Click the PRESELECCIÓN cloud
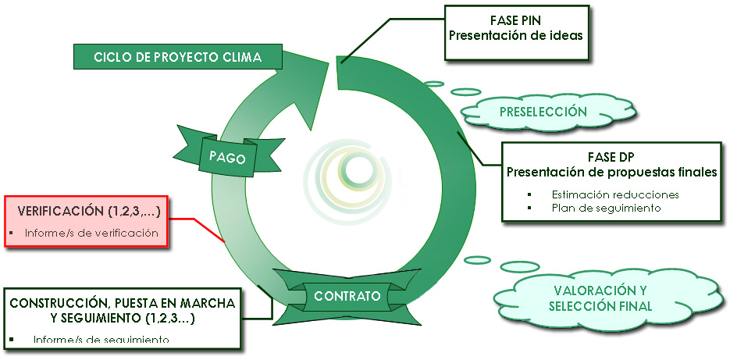543,112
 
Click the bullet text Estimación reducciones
614,194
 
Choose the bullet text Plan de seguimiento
606,208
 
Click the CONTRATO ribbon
347,297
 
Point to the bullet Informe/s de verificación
91,233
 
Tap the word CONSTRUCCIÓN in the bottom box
58,302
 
